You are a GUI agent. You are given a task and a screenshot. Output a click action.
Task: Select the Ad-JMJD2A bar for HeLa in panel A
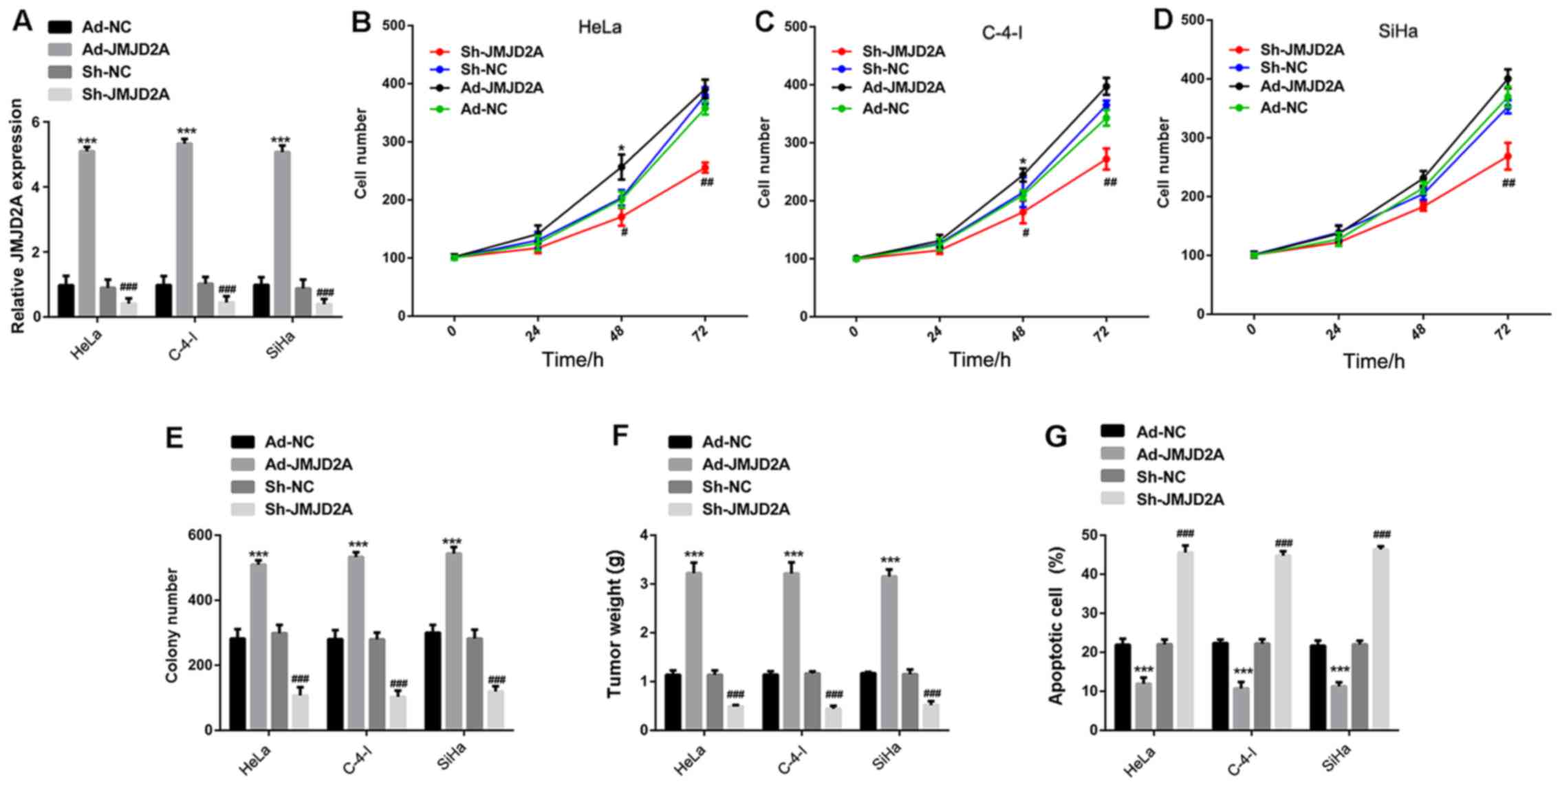coord(87,233)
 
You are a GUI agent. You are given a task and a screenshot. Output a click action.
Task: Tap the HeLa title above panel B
coord(599,27)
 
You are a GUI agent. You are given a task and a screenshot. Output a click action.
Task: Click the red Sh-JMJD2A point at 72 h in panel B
coord(704,168)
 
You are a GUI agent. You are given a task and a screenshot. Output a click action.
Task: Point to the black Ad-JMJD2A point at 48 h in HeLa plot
coord(621,167)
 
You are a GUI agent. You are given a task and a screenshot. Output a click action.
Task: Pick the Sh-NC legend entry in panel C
coord(885,69)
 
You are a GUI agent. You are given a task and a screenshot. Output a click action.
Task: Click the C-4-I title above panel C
coord(1001,32)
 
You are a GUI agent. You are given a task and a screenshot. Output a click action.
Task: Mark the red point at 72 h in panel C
coord(1106,160)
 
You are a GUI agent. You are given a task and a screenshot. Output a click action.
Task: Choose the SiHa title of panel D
coord(1398,31)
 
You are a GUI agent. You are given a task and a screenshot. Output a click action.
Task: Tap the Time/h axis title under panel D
coord(1374,361)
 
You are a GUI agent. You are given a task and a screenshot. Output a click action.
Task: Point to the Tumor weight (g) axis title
coord(614,632)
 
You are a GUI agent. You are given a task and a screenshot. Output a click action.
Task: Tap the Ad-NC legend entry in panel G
coord(1160,432)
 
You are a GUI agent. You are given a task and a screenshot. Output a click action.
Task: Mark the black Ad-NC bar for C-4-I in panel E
coord(336,684)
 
